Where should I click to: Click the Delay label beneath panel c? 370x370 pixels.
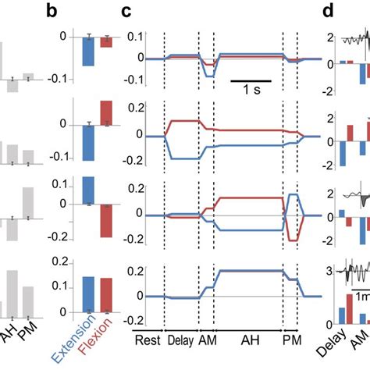click(182, 340)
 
